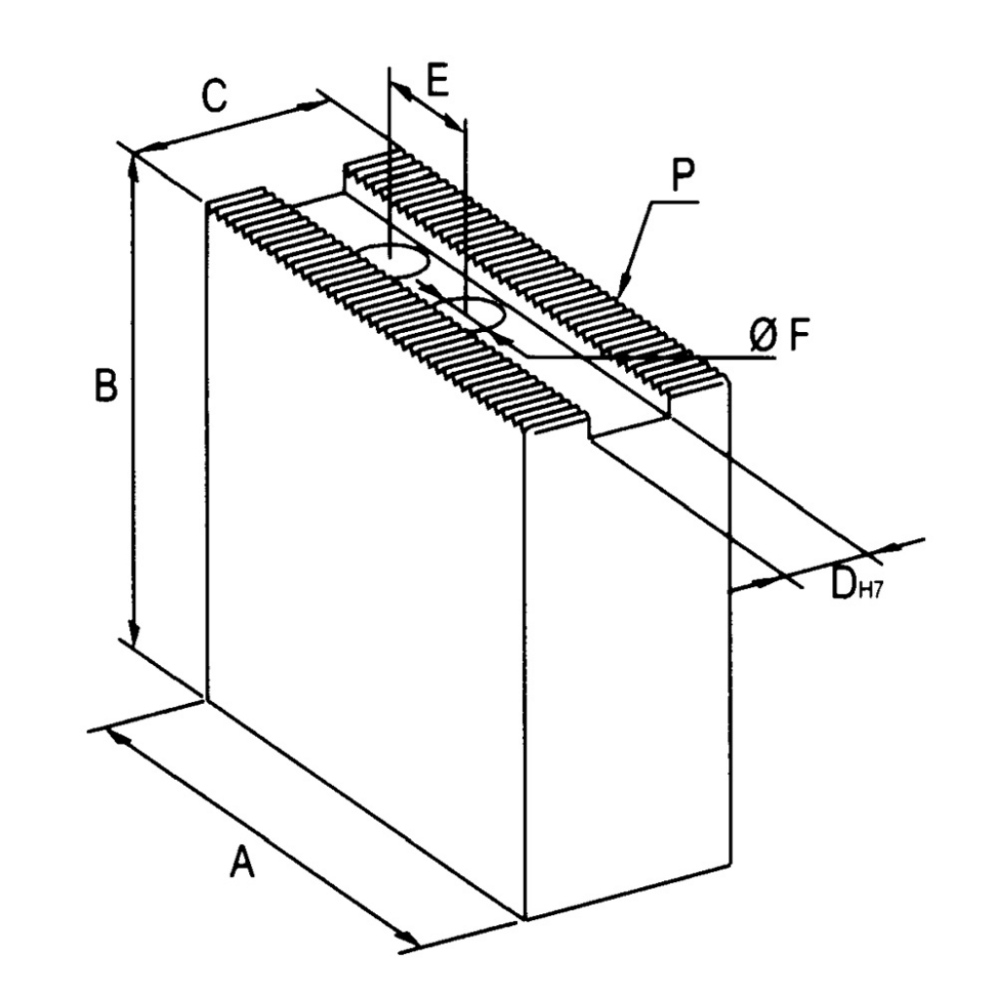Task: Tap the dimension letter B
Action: (x=106, y=385)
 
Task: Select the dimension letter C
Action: (x=214, y=95)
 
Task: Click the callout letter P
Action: (x=683, y=177)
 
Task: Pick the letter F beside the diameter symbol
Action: (x=800, y=335)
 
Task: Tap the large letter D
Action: (x=844, y=582)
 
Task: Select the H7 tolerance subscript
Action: (x=869, y=592)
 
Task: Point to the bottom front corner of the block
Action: (x=526, y=919)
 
